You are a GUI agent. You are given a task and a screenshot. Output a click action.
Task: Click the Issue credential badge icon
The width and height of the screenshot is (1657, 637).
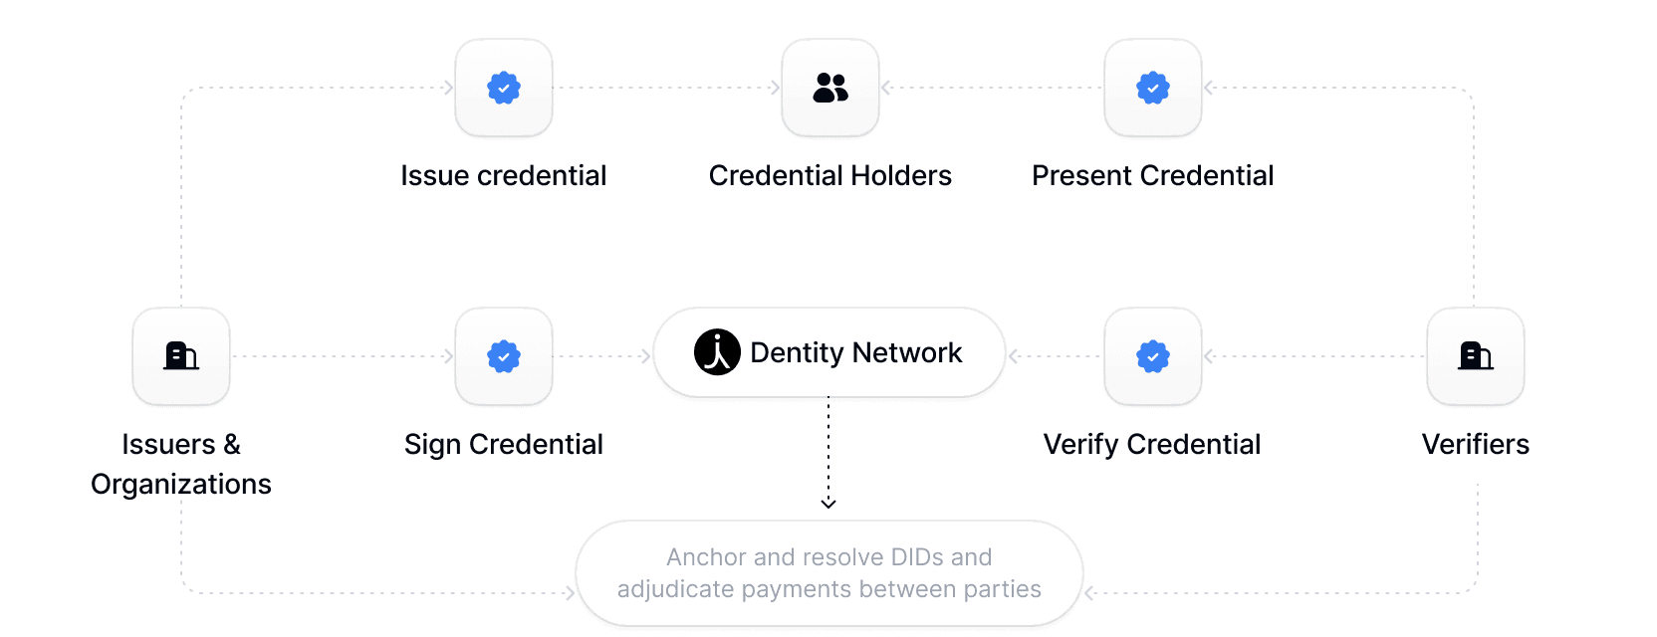(504, 88)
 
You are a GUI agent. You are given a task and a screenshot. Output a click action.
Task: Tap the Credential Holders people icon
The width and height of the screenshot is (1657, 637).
(830, 88)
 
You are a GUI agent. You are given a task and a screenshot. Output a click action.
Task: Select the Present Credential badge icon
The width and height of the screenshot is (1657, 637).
(1153, 88)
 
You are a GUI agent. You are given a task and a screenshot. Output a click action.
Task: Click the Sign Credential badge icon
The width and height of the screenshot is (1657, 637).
(504, 356)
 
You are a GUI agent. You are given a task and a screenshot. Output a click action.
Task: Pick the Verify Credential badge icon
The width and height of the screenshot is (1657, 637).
(1153, 356)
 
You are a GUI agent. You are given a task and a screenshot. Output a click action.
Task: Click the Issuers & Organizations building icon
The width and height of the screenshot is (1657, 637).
(181, 355)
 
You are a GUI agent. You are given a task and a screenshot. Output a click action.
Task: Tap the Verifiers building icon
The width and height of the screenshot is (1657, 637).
(1476, 355)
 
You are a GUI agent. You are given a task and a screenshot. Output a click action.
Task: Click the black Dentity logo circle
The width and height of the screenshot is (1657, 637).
(717, 352)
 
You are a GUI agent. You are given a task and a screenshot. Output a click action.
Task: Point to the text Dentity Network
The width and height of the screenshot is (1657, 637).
(855, 353)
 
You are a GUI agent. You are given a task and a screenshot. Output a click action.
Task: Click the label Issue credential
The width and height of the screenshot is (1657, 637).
(504, 176)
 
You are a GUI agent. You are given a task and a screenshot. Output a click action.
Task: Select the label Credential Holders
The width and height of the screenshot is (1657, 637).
(830, 176)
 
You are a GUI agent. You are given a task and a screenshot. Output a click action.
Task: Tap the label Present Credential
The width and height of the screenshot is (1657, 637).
(1153, 176)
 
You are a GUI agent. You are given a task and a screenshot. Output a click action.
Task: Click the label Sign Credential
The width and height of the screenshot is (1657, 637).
(504, 445)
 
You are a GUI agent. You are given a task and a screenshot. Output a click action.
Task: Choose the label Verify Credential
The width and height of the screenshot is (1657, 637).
(1152, 445)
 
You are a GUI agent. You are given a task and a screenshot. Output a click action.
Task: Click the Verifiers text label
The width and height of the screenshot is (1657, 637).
(1476, 445)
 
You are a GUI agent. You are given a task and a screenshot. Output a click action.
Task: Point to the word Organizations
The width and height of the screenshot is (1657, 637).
(181, 485)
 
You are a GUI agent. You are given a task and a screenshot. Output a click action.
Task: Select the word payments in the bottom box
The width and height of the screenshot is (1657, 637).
(797, 590)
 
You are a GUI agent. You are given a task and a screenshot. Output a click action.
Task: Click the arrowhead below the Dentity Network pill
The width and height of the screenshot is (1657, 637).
(828, 504)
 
